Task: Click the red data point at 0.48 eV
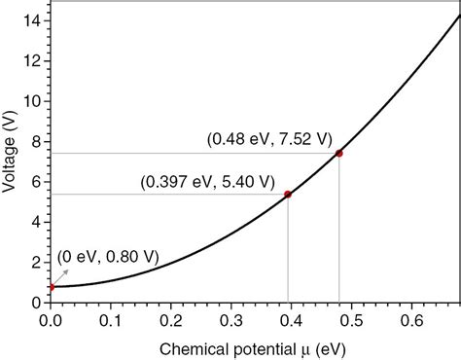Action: pos(338,153)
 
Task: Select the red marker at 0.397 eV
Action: pos(288,195)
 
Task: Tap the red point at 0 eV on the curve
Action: pos(50,287)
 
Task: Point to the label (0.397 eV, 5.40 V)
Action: pos(208,182)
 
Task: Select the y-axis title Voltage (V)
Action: pos(11,152)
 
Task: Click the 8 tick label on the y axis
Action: pos(36,142)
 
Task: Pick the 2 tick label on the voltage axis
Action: pos(36,263)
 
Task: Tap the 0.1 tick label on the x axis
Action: pos(109,319)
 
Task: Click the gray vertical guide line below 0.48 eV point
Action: pos(338,234)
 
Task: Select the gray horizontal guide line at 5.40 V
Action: pos(165,195)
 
